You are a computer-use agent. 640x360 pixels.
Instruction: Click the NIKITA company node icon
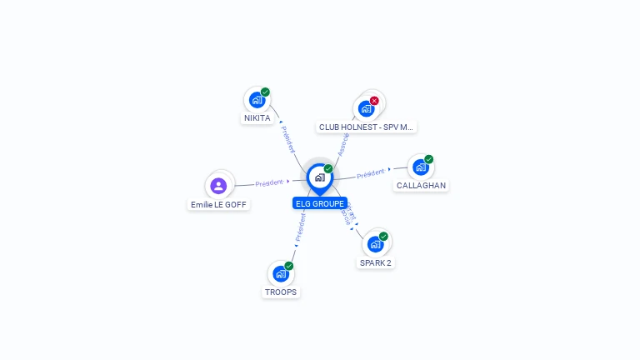coord(257,100)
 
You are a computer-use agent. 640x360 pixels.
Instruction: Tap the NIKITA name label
coord(257,118)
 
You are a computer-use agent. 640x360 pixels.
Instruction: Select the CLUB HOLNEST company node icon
coord(366,108)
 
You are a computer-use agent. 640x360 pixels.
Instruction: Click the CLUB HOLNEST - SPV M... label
coord(367,127)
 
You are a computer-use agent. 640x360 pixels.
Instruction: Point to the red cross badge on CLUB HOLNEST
coord(374,101)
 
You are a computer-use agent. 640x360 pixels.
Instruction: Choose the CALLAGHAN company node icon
coord(421,167)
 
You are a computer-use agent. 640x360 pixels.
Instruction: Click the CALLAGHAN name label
coord(421,186)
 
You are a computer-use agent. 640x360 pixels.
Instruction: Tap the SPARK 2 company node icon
coord(375,244)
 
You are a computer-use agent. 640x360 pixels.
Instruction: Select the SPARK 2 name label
coord(375,263)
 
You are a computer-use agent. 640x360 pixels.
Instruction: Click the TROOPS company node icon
coord(281,273)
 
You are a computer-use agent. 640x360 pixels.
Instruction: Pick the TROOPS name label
coord(281,292)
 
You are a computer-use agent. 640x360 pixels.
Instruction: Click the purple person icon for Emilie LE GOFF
coord(218,185)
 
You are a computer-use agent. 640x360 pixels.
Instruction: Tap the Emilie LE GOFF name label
coord(219,204)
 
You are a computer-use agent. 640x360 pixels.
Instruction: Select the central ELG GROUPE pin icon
coord(319,177)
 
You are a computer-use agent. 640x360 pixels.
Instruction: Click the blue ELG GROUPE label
coord(320,203)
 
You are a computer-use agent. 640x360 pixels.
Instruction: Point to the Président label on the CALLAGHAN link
coord(371,174)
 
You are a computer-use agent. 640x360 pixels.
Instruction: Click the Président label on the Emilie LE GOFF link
coord(269,182)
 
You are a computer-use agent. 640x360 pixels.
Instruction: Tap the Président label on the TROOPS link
coord(300,226)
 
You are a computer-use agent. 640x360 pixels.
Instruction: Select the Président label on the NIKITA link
coord(286,138)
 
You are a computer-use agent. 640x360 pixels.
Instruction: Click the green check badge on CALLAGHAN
coord(428,159)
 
